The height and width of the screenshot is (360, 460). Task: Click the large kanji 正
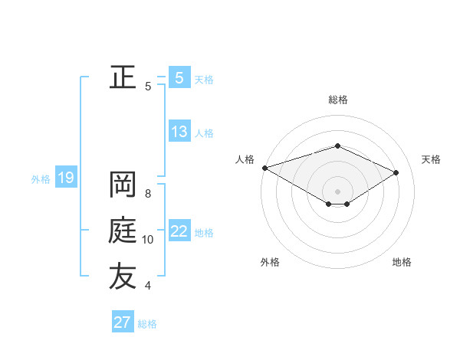(123, 77)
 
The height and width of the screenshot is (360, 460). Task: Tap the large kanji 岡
(123, 185)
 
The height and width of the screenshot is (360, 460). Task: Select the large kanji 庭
(123, 231)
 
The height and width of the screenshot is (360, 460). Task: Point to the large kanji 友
(123, 277)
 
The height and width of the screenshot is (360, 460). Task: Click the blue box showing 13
(179, 132)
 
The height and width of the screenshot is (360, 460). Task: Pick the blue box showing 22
(179, 231)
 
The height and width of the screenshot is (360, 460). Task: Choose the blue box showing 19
(65, 178)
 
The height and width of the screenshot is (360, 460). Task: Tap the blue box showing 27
(123, 322)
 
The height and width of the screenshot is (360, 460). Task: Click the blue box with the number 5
(179, 77)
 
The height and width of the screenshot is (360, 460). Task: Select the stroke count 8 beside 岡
(148, 194)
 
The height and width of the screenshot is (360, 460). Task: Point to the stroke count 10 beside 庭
(148, 240)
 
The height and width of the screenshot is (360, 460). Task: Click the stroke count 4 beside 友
(148, 286)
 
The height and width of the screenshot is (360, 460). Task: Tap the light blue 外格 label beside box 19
(41, 179)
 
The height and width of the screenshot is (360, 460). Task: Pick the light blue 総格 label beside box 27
(147, 324)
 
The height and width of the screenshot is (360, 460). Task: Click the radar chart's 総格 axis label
(337, 100)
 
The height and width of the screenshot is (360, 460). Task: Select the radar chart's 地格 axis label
(402, 262)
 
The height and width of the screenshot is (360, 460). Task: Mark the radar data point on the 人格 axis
(264, 167)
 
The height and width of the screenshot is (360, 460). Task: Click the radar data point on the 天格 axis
(396, 172)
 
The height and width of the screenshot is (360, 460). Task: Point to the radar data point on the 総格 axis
(337, 146)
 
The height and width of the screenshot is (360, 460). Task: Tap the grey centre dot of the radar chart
(337, 191)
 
